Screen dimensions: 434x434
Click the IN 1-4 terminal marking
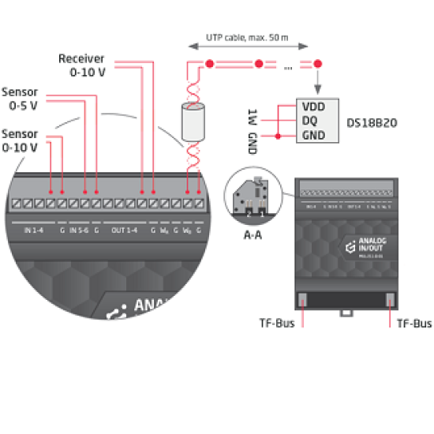[33, 230]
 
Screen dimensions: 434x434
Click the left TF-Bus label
[277, 324]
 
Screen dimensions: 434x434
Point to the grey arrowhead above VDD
[318, 88]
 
